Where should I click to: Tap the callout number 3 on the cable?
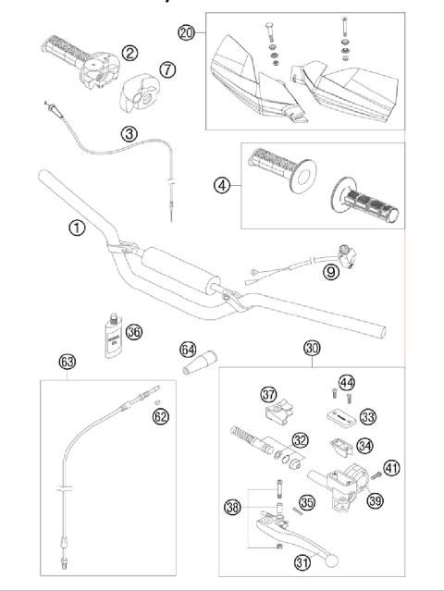click(129, 134)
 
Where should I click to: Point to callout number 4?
click(220, 185)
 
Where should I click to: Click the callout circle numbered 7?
click(166, 70)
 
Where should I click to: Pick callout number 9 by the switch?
click(330, 273)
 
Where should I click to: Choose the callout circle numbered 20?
click(186, 31)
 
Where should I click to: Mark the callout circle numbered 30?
click(312, 349)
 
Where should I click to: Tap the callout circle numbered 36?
click(134, 332)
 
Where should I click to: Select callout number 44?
click(346, 383)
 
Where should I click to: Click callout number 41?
click(391, 468)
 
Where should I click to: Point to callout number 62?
click(162, 416)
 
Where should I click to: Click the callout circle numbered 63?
click(66, 361)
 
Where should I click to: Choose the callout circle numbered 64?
click(188, 351)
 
